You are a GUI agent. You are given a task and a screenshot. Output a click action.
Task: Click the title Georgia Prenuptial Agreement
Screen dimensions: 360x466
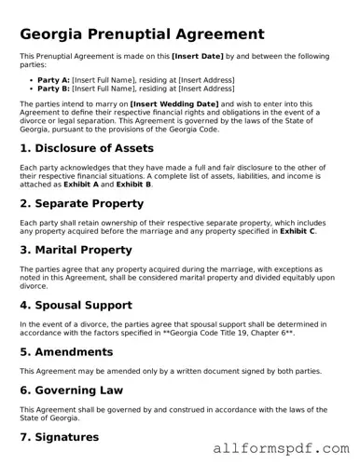click(142, 34)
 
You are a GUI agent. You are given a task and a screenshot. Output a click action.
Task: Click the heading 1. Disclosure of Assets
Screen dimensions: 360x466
click(87, 148)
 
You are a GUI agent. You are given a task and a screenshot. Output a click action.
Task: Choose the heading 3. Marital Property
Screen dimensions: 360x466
click(76, 250)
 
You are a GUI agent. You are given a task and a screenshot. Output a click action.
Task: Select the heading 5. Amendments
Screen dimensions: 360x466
click(66, 352)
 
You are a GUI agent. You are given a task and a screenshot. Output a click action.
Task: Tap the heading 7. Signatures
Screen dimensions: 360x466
click(59, 436)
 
